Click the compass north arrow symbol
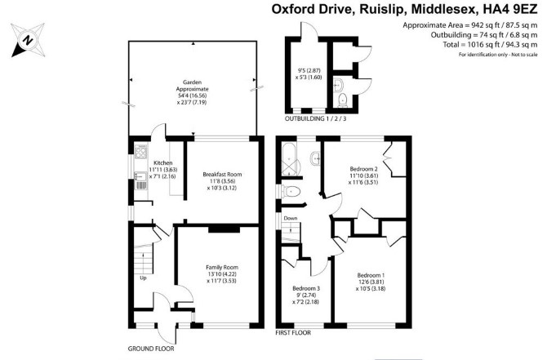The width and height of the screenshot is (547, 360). click(x=28, y=40)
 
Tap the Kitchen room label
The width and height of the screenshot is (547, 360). click(x=163, y=163)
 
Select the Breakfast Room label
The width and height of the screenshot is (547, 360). click(x=222, y=175)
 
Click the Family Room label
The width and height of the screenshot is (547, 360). click(x=222, y=268)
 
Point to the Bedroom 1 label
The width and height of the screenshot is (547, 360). click(x=371, y=275)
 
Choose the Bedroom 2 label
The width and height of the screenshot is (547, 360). click(x=364, y=169)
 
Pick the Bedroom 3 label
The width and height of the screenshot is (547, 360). click(x=306, y=288)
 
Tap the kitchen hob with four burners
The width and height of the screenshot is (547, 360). click(x=141, y=151)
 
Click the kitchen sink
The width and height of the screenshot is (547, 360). click(x=141, y=177)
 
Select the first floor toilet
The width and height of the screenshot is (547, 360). click(x=291, y=192)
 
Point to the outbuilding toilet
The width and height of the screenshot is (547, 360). click(x=343, y=100)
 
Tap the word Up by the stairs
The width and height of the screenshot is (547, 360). click(x=143, y=278)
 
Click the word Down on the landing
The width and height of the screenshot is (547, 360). click(x=291, y=219)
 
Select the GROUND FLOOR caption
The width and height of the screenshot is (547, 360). click(x=151, y=349)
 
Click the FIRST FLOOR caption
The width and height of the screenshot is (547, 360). click(x=293, y=333)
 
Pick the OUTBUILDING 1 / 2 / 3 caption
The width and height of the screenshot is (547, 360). click(x=316, y=118)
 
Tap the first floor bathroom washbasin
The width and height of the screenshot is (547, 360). click(x=315, y=159)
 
